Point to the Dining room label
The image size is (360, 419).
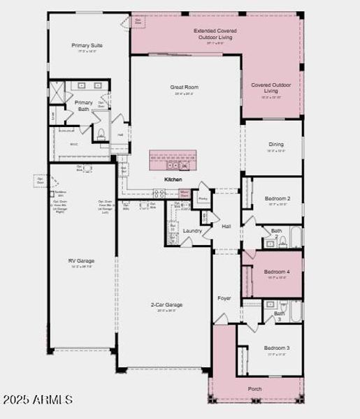276,145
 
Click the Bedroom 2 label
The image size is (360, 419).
277,198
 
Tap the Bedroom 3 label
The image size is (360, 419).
276,347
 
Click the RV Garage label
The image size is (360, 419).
81,261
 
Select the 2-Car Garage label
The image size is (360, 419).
166,304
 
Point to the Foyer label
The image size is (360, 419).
224,298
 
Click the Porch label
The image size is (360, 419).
255,388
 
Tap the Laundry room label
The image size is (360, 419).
192,230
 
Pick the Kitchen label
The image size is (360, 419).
173,179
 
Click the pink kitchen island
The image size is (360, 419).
172,159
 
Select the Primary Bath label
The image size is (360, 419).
83,105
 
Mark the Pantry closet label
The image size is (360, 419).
203,198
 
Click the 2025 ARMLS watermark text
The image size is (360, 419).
38,400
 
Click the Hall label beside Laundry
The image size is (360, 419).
226,226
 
